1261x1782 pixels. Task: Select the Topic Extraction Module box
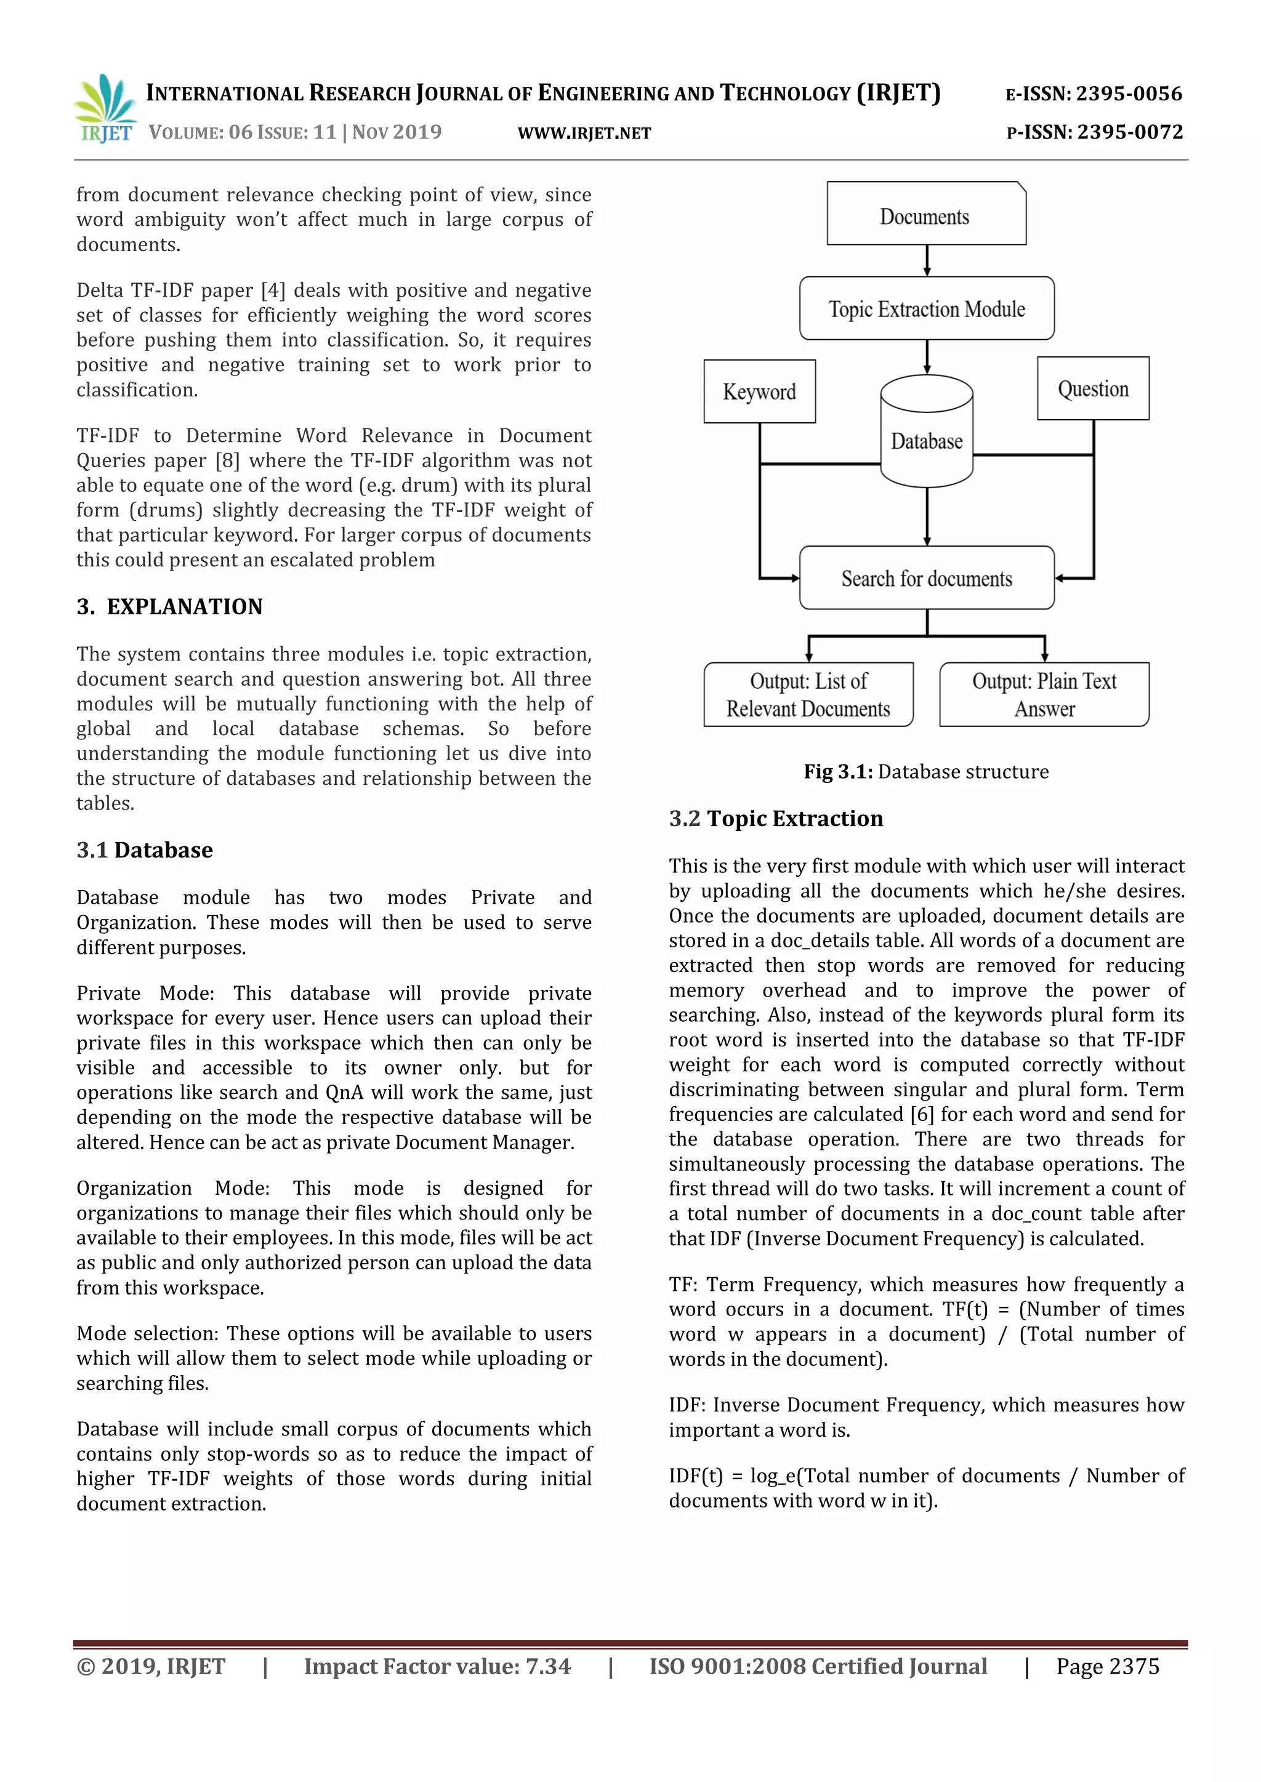(926, 308)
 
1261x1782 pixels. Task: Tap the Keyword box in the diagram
(759, 391)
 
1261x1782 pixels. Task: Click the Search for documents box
(926, 578)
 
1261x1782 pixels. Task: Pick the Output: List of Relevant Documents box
(808, 694)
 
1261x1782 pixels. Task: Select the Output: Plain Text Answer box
(1044, 694)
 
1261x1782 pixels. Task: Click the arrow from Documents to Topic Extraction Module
(926, 260)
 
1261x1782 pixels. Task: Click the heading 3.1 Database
(145, 850)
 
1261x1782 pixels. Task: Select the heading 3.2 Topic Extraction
(776, 819)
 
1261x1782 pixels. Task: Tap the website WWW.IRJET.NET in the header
(584, 134)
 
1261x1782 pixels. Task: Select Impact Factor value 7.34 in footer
(437, 1666)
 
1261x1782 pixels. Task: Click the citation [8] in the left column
(227, 460)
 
